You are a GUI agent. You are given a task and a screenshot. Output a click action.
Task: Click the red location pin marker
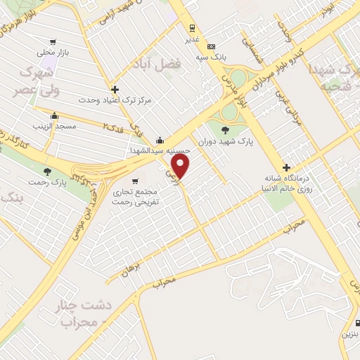(x=181, y=166)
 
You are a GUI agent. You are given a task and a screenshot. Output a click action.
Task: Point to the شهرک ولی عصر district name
(x=36, y=80)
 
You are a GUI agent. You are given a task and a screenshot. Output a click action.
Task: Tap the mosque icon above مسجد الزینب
(x=54, y=115)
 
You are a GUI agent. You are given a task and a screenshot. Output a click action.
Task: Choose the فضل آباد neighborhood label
(x=157, y=65)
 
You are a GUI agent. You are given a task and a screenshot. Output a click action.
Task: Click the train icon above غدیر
(x=191, y=29)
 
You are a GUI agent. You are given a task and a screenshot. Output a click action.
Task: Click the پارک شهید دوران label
(x=225, y=141)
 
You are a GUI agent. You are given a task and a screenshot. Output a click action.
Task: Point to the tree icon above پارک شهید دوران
(x=225, y=130)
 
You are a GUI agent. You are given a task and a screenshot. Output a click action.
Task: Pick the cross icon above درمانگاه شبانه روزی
(x=286, y=167)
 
